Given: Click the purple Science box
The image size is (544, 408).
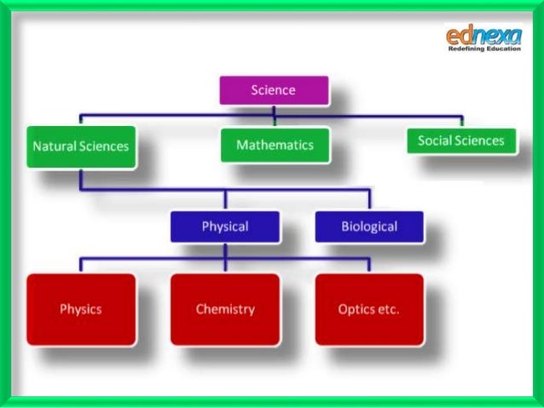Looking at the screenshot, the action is coord(273,89).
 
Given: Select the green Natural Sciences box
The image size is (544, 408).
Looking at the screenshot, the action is coord(80,146).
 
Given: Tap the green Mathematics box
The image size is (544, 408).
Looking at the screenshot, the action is coord(274,145).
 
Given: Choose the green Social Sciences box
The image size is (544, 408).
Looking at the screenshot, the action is coord(461,141).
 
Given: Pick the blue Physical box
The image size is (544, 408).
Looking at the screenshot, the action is coord(225,227).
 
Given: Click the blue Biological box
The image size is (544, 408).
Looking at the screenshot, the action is coord(369,227).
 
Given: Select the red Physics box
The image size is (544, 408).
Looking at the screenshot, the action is coord(81,308).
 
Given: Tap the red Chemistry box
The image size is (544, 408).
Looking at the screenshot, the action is coord(225,308).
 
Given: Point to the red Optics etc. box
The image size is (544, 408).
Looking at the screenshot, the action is coord(368,308).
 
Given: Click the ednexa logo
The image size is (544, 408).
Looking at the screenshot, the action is coord(482,36).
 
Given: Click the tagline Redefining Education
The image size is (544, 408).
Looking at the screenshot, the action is coord(483,49).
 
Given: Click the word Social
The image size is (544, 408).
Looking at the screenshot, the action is coord(435,141).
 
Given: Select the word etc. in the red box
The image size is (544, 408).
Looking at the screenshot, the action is coord(388,308).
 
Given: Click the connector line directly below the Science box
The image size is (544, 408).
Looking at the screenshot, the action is coord(273,109).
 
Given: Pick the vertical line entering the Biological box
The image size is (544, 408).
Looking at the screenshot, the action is coord(369,201).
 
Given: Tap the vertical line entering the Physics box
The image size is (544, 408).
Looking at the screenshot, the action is coord(81,264).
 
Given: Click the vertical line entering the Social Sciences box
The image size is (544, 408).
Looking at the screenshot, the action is coord(461,119).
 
